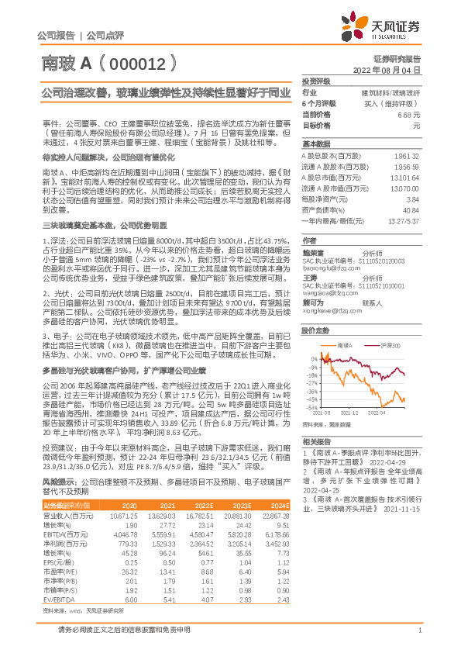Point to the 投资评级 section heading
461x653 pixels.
pyautogui.click(x=318, y=81)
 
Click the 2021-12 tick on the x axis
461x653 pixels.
pyautogui.click(x=356, y=414)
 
